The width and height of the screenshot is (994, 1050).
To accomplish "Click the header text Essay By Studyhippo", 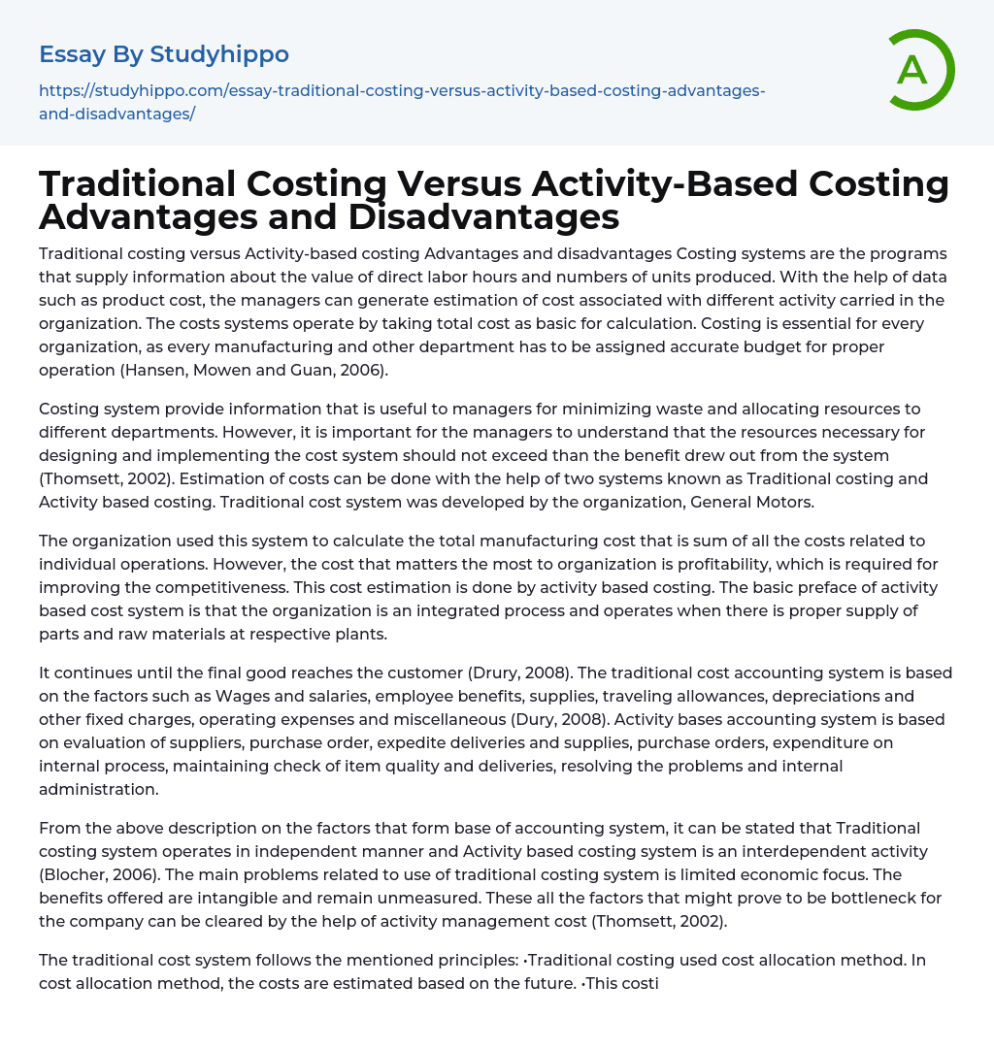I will coord(164,53).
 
